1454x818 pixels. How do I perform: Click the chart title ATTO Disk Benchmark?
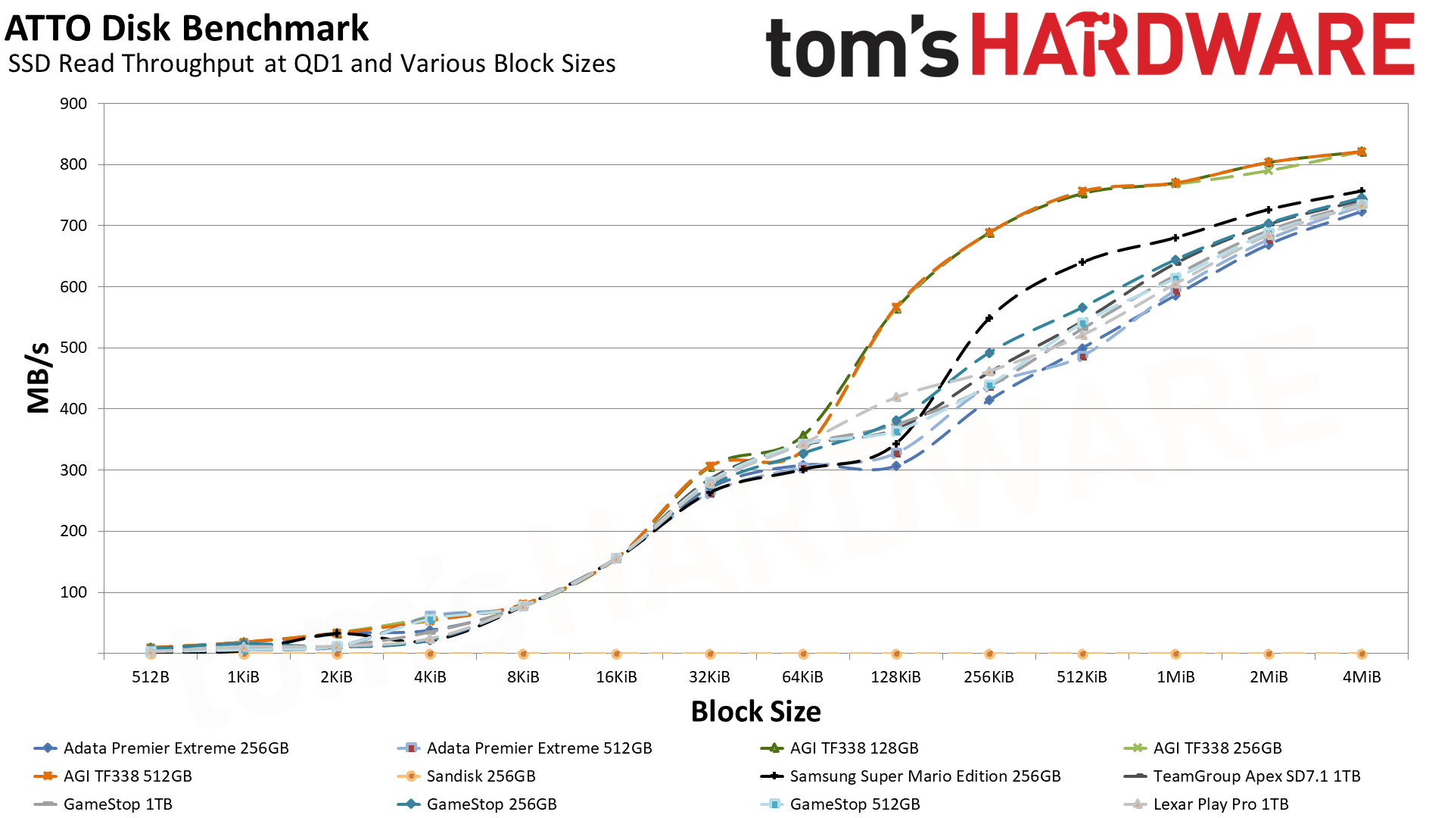(186, 29)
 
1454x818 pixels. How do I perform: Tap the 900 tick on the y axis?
(73, 104)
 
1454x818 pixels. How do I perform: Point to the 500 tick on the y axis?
(73, 348)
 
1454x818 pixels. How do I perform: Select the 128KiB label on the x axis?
(895, 677)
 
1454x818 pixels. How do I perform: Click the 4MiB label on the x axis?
(1362, 677)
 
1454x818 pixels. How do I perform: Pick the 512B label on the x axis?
(151, 677)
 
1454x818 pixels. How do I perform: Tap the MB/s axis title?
(39, 377)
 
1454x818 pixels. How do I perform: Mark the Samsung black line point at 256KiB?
(989, 318)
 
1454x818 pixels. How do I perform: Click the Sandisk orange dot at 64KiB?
(803, 654)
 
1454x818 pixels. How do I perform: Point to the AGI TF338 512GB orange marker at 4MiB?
(1362, 151)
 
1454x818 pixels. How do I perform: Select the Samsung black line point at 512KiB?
(1082, 262)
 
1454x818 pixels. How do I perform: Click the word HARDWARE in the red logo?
(1192, 45)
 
